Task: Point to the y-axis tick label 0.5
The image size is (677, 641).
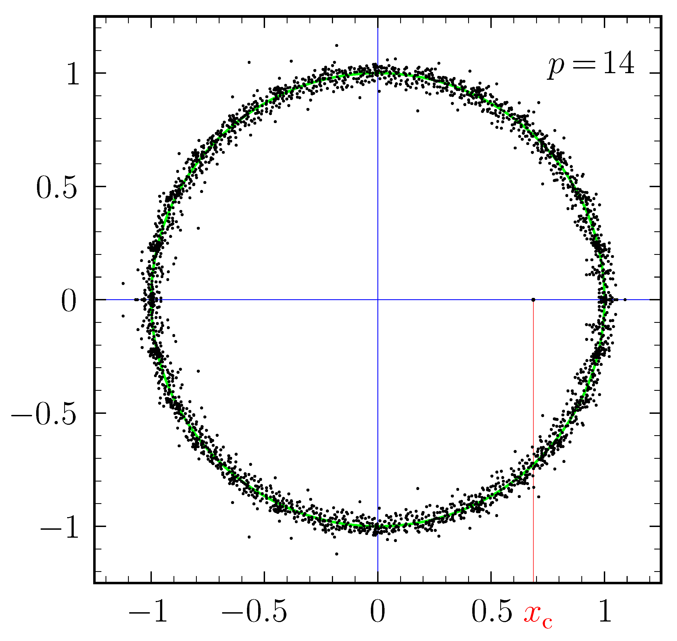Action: pyautogui.click(x=57, y=189)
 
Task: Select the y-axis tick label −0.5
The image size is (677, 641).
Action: pyautogui.click(x=44, y=415)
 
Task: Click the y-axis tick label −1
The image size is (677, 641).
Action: pyautogui.click(x=60, y=529)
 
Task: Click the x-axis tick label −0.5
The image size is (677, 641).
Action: pyautogui.click(x=254, y=611)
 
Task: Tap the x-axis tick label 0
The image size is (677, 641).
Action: pyautogui.click(x=378, y=611)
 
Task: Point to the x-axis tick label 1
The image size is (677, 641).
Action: pyautogui.click(x=605, y=611)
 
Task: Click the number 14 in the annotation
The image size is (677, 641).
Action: pyautogui.click(x=618, y=63)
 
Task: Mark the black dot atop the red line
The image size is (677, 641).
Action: pyautogui.click(x=533, y=300)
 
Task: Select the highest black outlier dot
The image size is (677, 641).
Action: pyautogui.click(x=337, y=45)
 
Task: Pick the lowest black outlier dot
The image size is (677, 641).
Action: pyautogui.click(x=337, y=554)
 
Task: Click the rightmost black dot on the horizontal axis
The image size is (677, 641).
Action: pyautogui.click(x=625, y=300)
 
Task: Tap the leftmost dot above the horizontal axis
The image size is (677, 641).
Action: pyautogui.click(x=123, y=283)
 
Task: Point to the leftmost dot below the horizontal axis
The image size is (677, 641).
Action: pyautogui.click(x=123, y=316)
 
